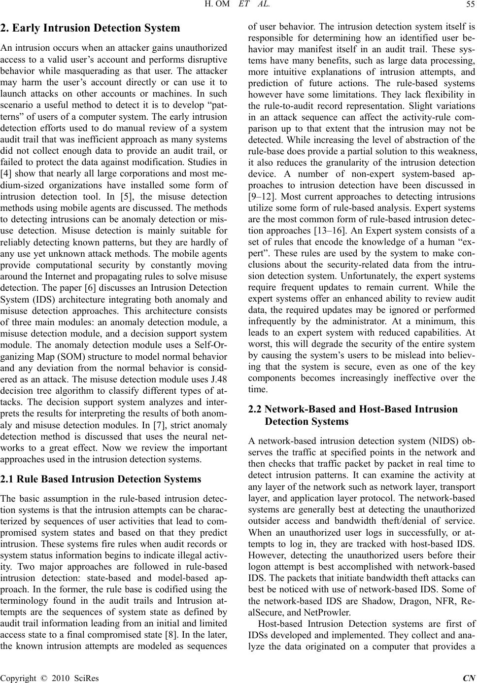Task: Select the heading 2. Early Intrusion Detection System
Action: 90,28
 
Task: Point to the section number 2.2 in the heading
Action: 254,409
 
